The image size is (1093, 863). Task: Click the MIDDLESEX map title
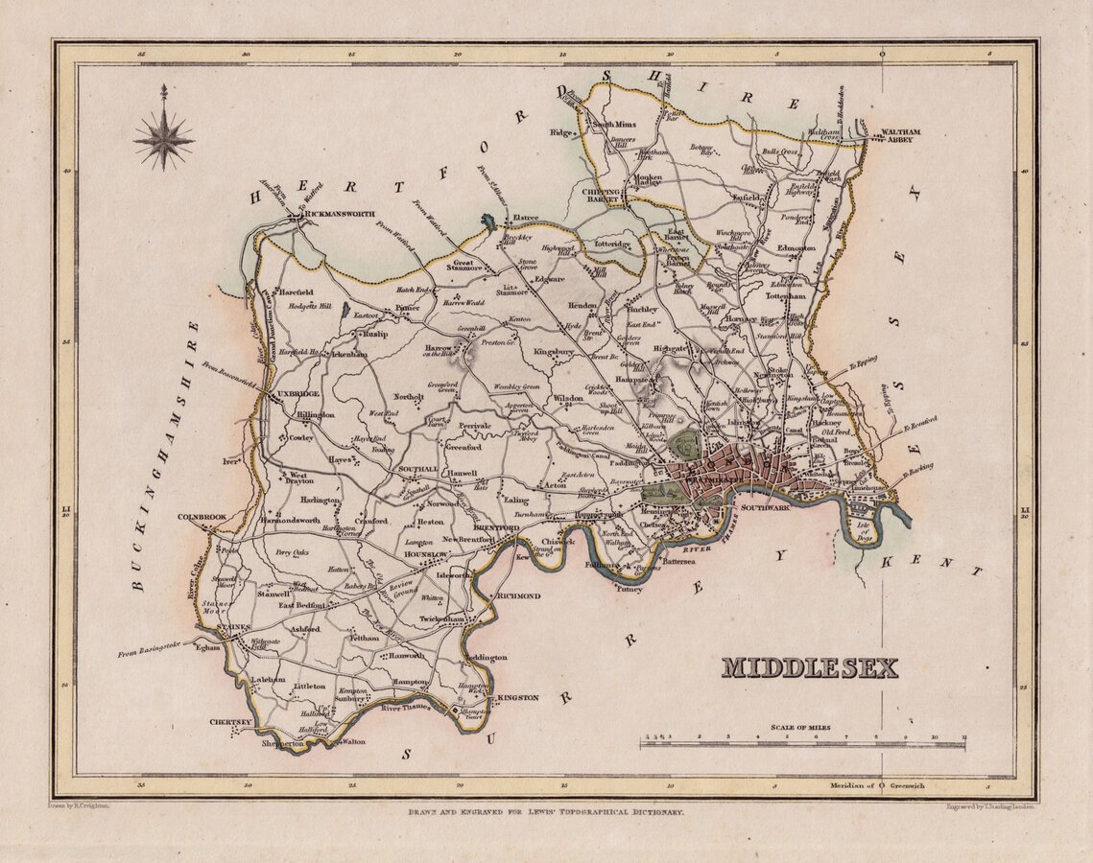pos(809,667)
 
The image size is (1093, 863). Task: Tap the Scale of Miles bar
pos(803,743)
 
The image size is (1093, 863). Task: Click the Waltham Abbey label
pos(892,135)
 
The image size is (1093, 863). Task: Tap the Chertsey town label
pos(230,722)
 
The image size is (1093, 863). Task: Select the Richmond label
pos(519,595)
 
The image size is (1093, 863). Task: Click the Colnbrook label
pos(202,517)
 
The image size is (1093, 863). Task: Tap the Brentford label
pos(496,527)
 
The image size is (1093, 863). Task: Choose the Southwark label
pos(764,506)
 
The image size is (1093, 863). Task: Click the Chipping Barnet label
pos(603,197)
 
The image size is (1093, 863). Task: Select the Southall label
pos(417,469)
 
